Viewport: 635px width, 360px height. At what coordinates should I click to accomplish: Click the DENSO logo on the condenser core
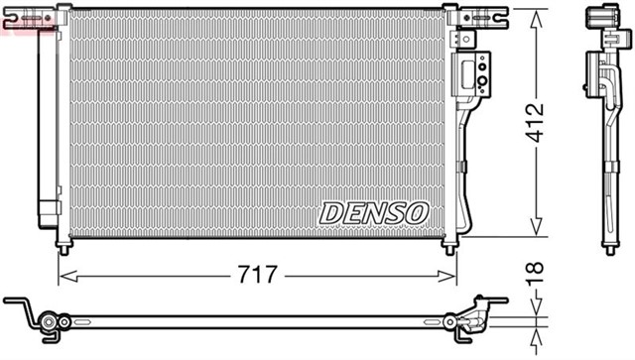[373, 210]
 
